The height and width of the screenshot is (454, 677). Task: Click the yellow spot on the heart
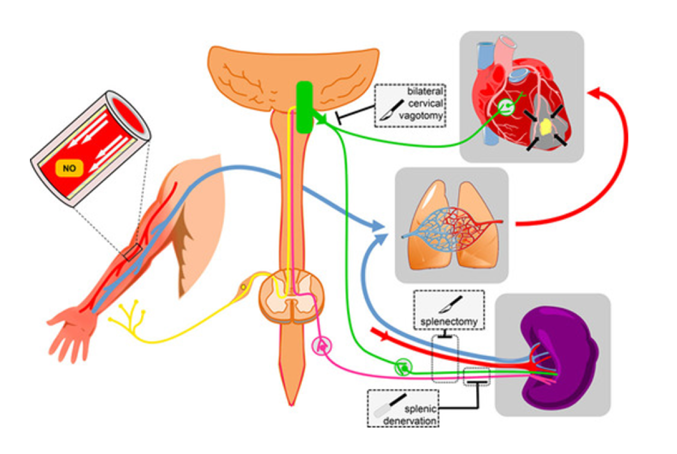pyautogui.click(x=545, y=128)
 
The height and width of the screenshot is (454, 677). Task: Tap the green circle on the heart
pyautogui.click(x=505, y=107)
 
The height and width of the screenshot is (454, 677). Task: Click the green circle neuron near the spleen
pyautogui.click(x=403, y=366)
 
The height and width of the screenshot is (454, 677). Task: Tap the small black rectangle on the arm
pyautogui.click(x=133, y=252)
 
